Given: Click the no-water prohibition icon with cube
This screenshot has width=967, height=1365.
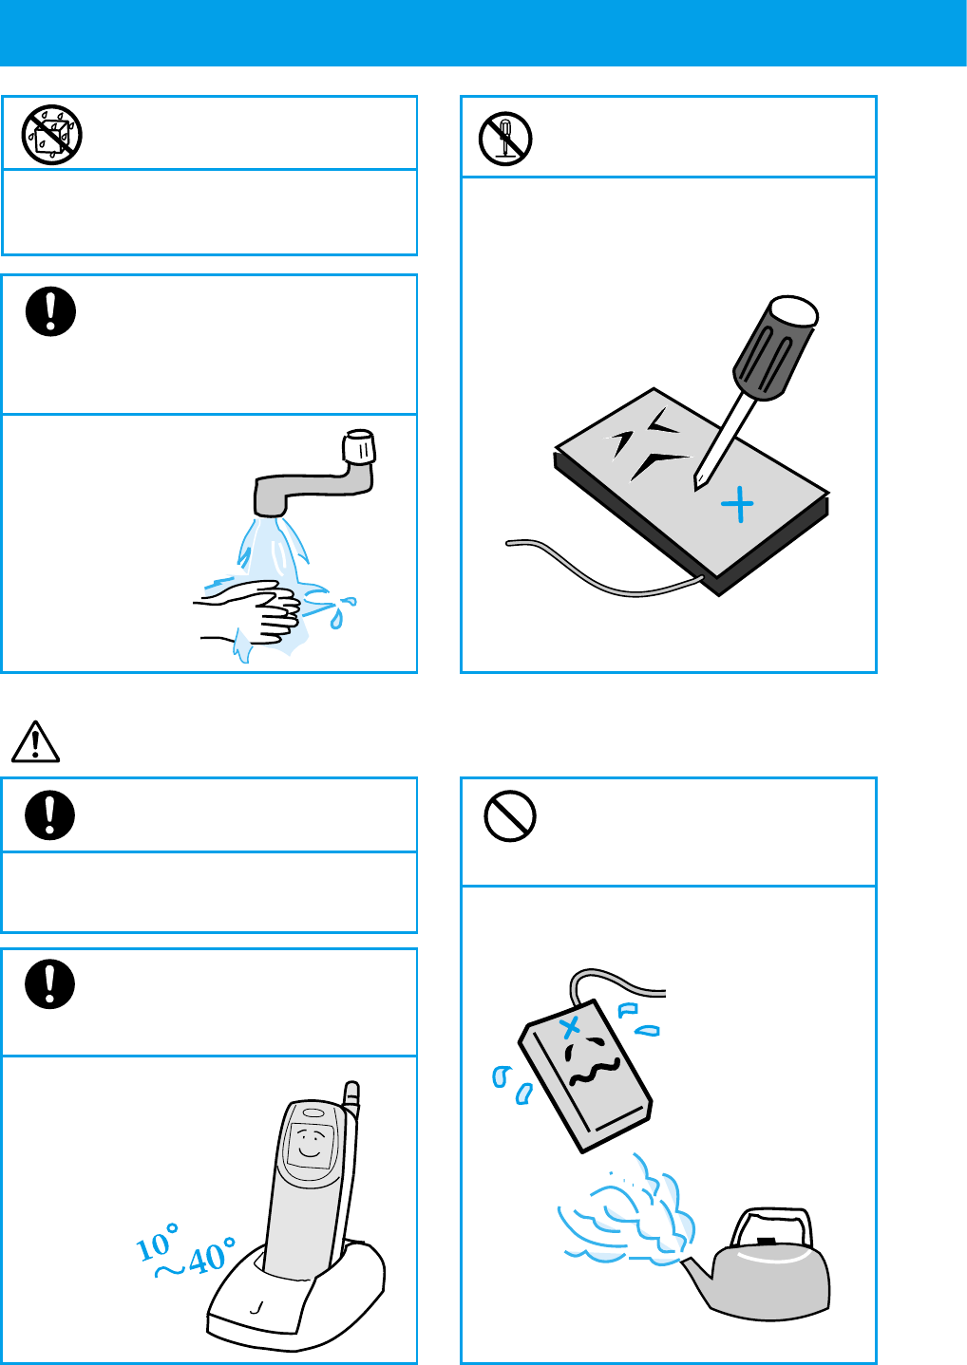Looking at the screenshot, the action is point(52,135).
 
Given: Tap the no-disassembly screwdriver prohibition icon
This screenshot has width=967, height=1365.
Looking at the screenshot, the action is point(505,139).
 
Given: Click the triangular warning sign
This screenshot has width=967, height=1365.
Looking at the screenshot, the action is point(35,742).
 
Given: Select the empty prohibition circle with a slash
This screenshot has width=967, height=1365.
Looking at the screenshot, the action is point(510,816).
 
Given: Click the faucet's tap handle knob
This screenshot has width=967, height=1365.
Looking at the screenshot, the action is point(358,447).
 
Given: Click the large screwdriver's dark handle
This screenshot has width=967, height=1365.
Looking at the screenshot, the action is point(775,348).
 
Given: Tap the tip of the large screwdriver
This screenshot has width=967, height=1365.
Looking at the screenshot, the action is point(696,489).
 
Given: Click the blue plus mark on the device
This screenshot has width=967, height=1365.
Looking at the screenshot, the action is point(738,504).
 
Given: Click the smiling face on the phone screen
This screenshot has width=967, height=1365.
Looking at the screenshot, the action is point(311,1145).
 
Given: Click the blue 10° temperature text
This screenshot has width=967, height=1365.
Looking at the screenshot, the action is point(157,1243).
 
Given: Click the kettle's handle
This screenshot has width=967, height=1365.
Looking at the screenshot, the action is point(772,1226).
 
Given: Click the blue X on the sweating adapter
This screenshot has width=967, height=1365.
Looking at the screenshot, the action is point(571,1027).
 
